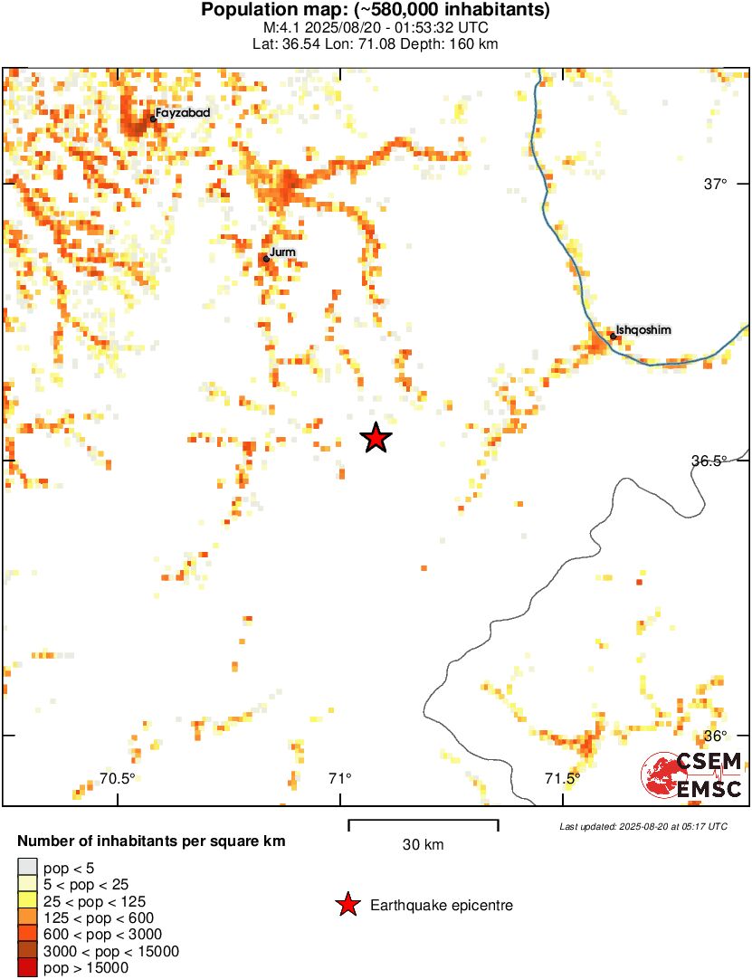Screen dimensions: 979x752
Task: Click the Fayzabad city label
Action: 184,113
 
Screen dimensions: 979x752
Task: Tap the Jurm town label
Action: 283,252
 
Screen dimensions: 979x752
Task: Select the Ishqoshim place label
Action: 643,330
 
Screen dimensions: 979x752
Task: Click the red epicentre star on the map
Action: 376,438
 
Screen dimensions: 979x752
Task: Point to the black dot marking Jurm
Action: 266,259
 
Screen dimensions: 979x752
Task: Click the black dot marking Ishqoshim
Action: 613,336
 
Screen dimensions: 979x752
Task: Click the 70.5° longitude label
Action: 117,778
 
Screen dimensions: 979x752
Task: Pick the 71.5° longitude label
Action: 562,778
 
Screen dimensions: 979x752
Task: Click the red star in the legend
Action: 346,905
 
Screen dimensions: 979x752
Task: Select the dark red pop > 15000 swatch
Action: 28,968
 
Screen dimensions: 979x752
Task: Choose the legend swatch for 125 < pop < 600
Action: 28,918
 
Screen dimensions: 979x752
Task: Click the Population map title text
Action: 376,11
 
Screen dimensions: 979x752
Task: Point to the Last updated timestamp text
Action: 643,826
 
